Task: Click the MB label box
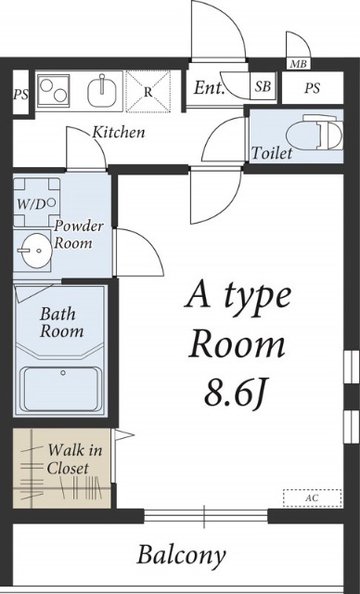click(298, 64)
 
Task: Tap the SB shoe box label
click(263, 86)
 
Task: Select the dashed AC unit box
click(313, 497)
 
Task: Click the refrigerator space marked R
click(148, 92)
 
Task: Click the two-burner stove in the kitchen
click(54, 91)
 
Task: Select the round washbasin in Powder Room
click(35, 251)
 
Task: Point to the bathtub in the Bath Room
click(63, 390)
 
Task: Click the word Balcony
click(181, 556)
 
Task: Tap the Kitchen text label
click(119, 132)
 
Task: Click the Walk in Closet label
click(74, 459)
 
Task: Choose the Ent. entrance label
click(210, 88)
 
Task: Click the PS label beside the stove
click(20, 94)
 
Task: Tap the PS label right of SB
click(313, 88)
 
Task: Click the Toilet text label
click(272, 153)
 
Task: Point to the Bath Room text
click(62, 322)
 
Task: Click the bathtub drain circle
click(63, 373)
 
